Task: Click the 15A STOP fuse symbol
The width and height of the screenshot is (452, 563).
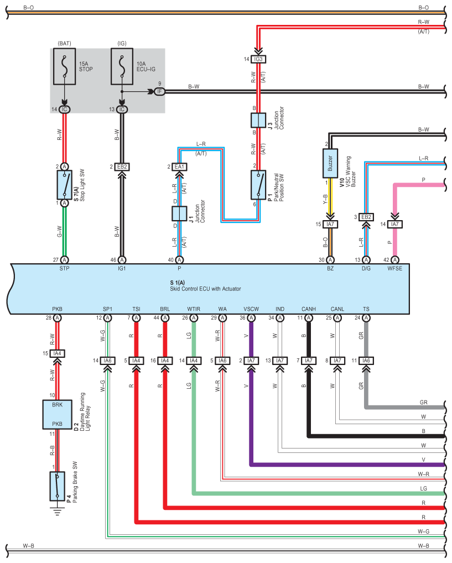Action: pyautogui.click(x=64, y=66)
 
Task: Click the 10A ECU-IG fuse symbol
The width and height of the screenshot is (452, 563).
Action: pyautogui.click(x=122, y=66)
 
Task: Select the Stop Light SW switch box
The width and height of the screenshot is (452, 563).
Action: pyautogui.click(x=64, y=185)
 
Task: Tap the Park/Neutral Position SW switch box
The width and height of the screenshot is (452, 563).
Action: pyautogui.click(x=258, y=185)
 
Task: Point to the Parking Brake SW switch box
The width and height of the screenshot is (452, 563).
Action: pyautogui.click(x=57, y=486)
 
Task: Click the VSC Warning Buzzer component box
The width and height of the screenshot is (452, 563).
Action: pyautogui.click(x=330, y=163)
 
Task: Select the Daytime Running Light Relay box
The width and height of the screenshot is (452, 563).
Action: pyautogui.click(x=57, y=415)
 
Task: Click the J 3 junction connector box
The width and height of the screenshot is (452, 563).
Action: pyautogui.click(x=258, y=120)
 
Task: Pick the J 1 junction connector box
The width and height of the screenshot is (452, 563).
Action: pyautogui.click(x=179, y=213)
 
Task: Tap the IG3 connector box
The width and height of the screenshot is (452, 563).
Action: pyautogui.click(x=258, y=59)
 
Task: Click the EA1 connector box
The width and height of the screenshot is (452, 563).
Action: pyautogui.click(x=179, y=167)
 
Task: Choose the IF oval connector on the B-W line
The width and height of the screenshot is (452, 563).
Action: pyautogui.click(x=159, y=92)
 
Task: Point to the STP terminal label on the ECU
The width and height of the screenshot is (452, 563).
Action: pyautogui.click(x=64, y=268)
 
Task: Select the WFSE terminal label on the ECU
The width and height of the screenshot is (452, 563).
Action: pyautogui.click(x=395, y=268)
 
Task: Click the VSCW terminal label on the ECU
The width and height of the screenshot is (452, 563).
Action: pyautogui.click(x=251, y=309)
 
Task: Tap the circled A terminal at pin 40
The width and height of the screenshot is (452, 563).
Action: pyautogui.click(x=179, y=260)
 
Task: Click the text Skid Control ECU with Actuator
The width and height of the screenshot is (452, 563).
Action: pyautogui.click(x=205, y=289)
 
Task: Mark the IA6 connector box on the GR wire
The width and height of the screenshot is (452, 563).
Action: pyautogui.click(x=366, y=361)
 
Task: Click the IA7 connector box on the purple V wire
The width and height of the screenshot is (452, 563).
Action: pyautogui.click(x=251, y=361)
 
